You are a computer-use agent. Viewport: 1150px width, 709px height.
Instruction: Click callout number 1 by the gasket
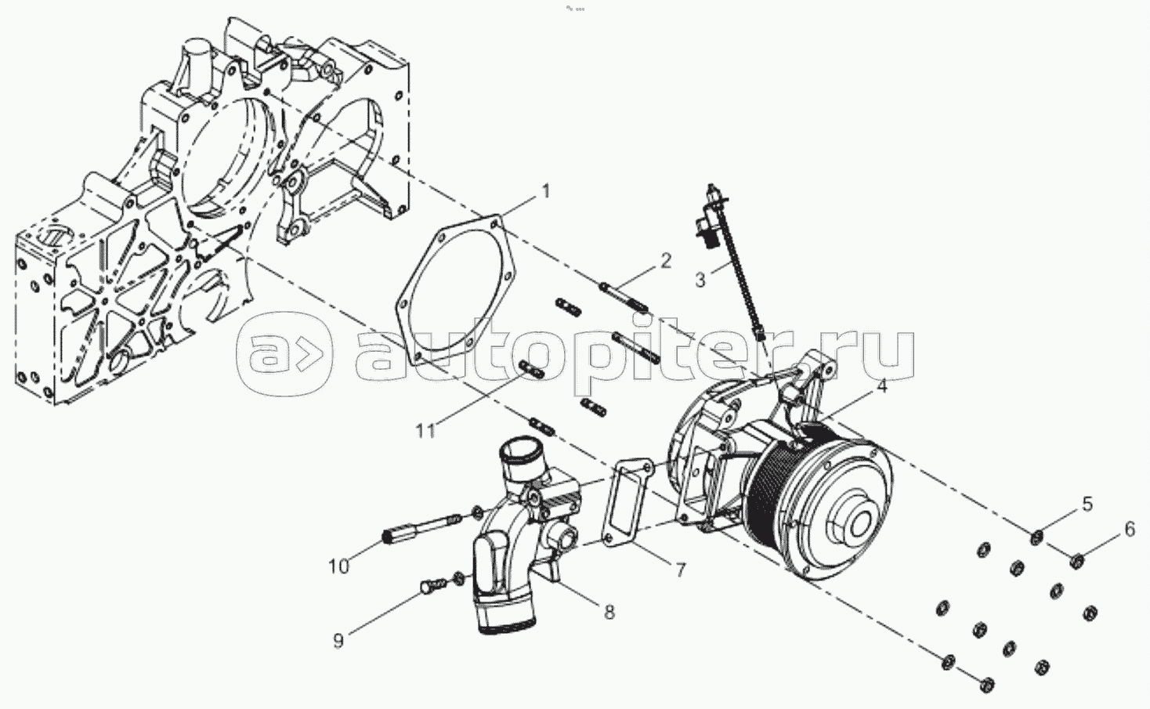546,191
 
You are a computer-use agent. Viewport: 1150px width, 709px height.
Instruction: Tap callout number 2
665,261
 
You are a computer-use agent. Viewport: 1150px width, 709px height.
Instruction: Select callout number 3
701,280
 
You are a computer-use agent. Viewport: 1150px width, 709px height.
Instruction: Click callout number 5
1087,505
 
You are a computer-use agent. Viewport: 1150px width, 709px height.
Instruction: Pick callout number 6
1130,530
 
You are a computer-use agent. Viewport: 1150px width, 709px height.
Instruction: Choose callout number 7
680,570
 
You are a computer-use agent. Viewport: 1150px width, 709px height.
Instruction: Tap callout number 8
609,612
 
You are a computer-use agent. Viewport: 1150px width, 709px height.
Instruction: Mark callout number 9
338,641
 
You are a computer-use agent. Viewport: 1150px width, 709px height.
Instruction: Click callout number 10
339,566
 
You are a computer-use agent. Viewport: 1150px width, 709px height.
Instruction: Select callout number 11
425,431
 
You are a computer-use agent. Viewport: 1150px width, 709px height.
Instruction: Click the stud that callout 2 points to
624,297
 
